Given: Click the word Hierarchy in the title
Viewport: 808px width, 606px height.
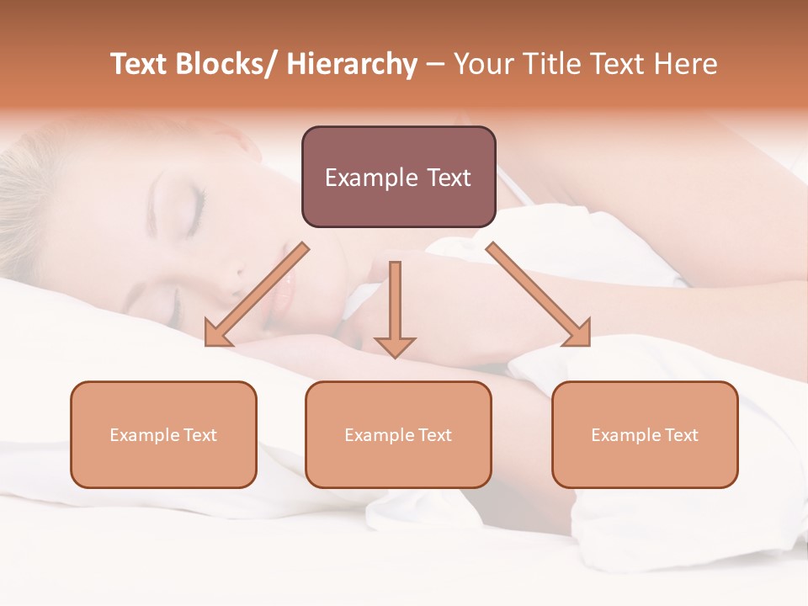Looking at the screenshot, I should click(352, 65).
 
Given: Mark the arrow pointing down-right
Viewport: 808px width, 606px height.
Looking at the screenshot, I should click(539, 295).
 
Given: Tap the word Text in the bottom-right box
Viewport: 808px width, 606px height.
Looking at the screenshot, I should click(681, 435).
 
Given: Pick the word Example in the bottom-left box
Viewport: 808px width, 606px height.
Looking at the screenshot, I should click(144, 435).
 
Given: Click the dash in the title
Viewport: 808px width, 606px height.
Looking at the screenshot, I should click(435, 65).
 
